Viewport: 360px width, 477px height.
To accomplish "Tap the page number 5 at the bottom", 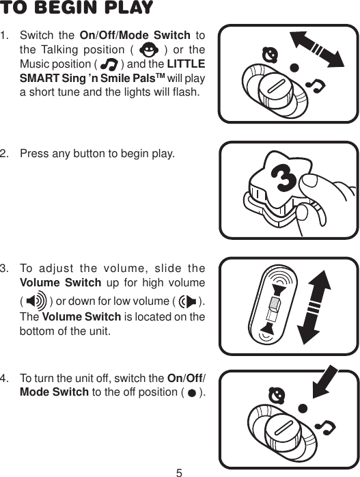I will pyautogui.click(x=179, y=471).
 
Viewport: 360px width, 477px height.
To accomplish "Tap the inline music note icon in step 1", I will pyautogui.click(x=109, y=64).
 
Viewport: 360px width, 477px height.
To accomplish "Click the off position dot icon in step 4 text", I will pyautogui.click(x=192, y=393).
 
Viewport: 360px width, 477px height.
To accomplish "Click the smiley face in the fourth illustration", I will pyautogui.click(x=276, y=395).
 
